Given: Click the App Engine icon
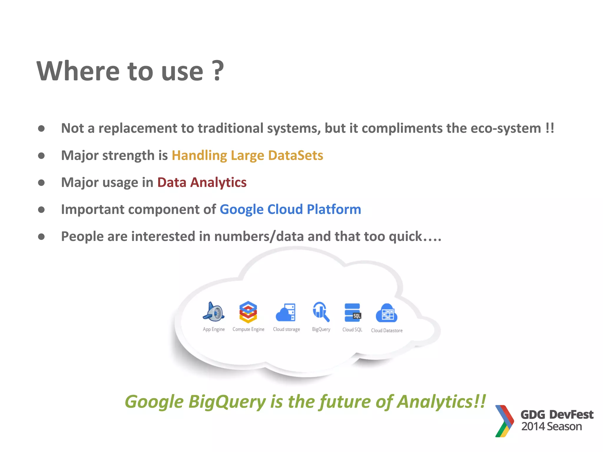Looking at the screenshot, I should pos(214,312).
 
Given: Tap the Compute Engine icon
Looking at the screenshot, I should pos(248,312).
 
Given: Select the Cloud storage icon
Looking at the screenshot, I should pos(286,313).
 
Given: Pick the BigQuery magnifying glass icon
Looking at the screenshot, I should pos(321,312).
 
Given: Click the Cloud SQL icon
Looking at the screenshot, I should pos(352,313).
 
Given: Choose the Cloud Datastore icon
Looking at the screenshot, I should pos(387,313).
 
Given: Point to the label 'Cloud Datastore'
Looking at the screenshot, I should pos(387,330).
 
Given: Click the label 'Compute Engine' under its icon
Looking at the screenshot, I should pos(248,329).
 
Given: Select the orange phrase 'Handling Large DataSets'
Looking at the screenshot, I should pos(247,155).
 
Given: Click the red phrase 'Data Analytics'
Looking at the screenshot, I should pos(202,182).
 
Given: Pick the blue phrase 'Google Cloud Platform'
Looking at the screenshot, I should pos(290,210).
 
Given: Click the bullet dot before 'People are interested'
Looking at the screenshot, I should pos(41,237).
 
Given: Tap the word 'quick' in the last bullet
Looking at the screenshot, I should pos(405,237).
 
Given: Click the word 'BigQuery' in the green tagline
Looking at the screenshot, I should pos(227,402).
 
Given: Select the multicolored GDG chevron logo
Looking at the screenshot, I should pos(504,421).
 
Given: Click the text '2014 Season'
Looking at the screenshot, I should pos(551,426).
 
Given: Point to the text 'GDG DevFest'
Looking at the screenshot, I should pos(557,415).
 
